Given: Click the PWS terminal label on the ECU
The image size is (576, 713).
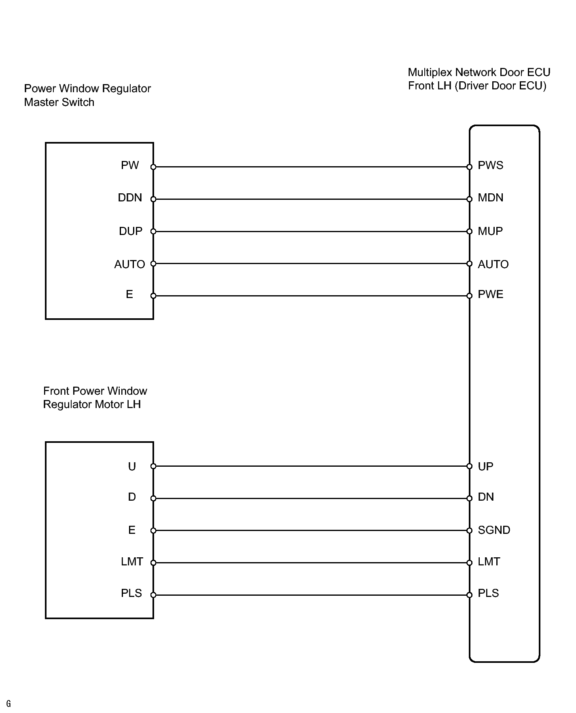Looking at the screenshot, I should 490,165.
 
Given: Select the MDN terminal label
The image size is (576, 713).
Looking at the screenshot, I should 490,198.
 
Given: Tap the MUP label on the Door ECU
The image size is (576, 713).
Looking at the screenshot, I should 490,231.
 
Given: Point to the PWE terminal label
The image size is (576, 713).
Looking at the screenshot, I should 490,294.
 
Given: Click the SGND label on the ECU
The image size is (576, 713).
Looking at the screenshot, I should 494,530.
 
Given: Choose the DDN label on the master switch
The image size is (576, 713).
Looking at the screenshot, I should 130,198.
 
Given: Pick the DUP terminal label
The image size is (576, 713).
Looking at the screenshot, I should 130,231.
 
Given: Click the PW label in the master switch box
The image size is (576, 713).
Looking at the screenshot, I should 130,165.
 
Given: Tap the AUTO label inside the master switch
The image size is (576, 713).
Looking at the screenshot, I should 129,264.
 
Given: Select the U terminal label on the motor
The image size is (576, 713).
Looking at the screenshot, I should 132,467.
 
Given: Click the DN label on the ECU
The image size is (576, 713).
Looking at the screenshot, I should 486,497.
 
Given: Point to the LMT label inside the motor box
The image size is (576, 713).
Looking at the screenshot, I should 132,562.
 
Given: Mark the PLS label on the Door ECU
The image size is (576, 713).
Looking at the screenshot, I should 488,593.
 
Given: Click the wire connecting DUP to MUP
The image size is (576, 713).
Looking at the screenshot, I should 311,231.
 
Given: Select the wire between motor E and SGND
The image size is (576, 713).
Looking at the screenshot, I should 311,531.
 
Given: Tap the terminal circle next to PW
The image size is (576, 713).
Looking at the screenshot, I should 153,167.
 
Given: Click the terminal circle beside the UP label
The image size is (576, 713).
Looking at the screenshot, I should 469,466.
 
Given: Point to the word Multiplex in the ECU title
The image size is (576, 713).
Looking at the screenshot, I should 430,72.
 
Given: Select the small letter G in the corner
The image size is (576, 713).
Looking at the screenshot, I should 8,704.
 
